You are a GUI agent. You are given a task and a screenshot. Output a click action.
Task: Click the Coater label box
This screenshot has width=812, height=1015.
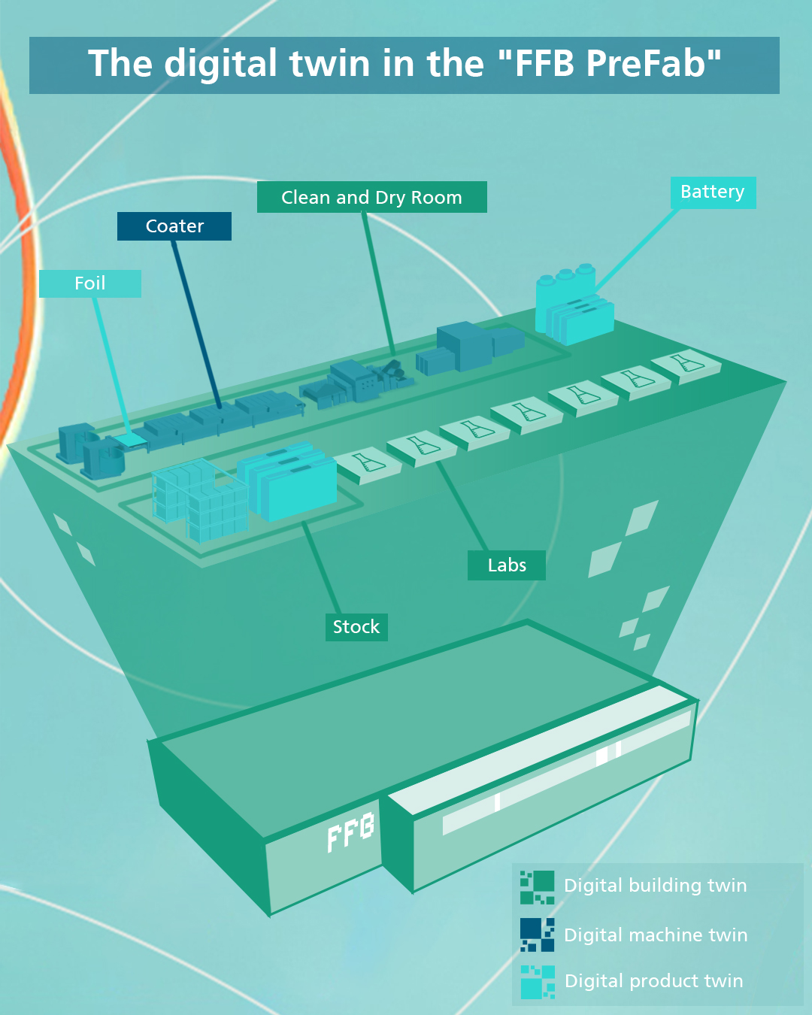tap(174, 226)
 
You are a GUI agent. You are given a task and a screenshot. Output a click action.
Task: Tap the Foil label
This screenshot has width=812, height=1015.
tap(89, 283)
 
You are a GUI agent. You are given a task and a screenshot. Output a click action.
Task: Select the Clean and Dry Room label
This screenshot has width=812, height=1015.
tap(372, 197)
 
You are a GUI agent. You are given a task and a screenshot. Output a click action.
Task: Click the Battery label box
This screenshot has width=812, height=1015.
tap(713, 192)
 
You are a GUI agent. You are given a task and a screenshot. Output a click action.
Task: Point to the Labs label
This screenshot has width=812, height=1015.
tap(507, 565)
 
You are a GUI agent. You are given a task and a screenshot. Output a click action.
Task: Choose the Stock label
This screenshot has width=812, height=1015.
tap(356, 627)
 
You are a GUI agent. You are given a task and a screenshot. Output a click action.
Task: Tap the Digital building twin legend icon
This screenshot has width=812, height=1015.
tap(537, 887)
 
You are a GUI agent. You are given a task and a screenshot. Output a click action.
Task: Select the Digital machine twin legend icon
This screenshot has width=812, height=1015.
tap(537, 935)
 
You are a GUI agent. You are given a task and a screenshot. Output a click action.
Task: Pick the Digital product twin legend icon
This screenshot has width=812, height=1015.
tap(538, 982)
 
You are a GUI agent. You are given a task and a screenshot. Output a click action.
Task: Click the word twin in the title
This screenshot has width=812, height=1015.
tap(329, 63)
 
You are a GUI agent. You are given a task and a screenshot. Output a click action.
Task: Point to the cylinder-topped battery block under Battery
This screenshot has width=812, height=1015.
tap(565, 285)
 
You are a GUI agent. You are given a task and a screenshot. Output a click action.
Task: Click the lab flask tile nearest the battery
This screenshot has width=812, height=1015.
tap(686, 365)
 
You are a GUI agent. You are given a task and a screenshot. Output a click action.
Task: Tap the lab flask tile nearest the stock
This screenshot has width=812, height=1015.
tap(368, 465)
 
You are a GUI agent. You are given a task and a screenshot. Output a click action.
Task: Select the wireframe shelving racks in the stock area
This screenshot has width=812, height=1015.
tap(199, 499)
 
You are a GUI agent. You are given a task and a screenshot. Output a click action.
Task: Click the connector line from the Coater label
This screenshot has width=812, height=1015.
tap(196, 325)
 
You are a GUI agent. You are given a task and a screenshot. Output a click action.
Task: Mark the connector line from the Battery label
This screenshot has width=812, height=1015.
tap(637, 250)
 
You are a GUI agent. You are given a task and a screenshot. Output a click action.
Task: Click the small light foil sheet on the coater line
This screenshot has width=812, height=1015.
tap(130, 440)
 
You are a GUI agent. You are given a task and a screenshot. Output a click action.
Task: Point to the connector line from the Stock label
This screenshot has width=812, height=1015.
tap(321, 568)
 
